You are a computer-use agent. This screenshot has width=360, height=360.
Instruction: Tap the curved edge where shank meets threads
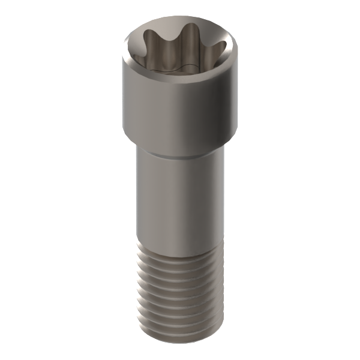coord(180,250)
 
